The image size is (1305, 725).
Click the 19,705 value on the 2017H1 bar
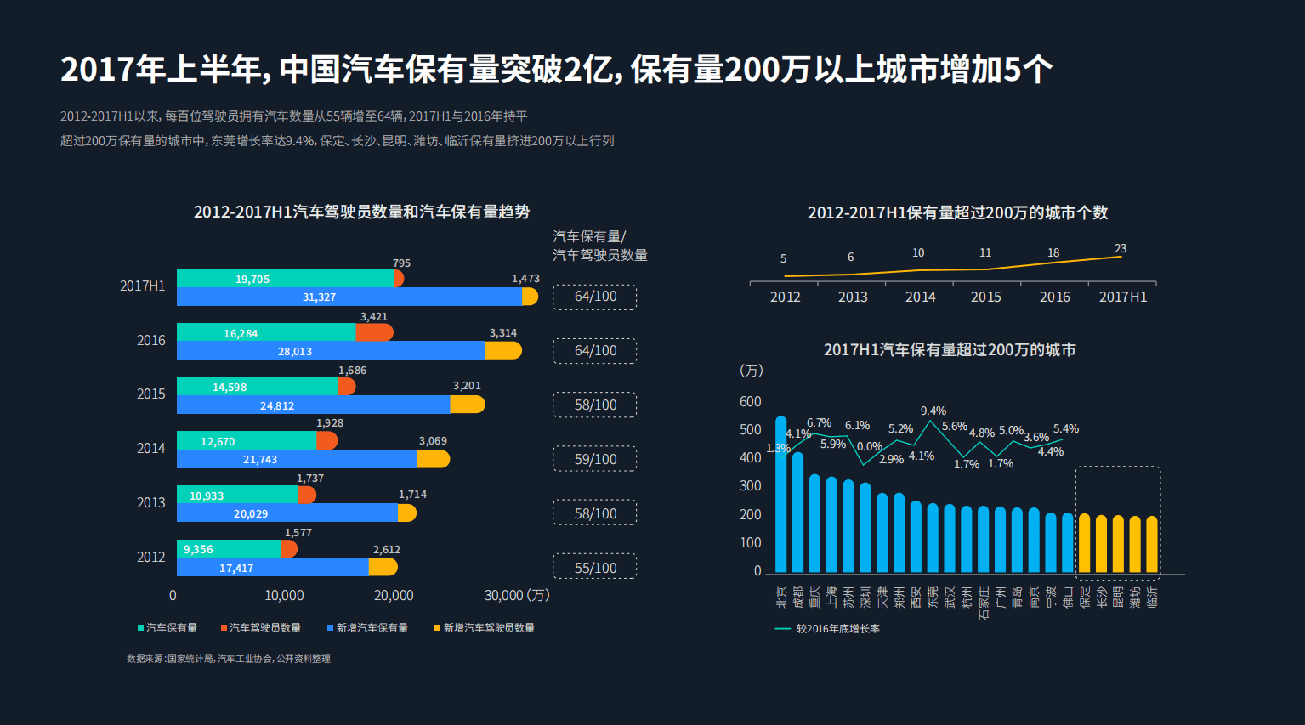pyautogui.click(x=252, y=279)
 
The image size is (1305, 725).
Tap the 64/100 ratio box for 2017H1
pyautogui.click(x=595, y=297)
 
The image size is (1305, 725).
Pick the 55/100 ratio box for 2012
pyautogui.click(x=595, y=568)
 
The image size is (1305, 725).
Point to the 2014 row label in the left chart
pyautogui.click(x=151, y=448)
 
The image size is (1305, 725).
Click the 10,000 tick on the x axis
pyautogui.click(x=284, y=595)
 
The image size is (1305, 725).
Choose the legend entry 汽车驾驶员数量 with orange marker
pyautogui.click(x=261, y=628)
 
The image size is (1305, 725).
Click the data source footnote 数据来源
pyautogui.click(x=229, y=659)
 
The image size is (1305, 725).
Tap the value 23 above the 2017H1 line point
pyautogui.click(x=1121, y=248)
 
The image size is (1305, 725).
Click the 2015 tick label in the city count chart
pyautogui.click(x=986, y=297)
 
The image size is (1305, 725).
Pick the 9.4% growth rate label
pyautogui.click(x=933, y=411)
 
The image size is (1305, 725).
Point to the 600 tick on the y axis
pyautogui.click(x=751, y=401)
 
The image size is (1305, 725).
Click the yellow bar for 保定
pyautogui.click(x=1084, y=543)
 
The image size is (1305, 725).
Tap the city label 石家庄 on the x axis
pyautogui.click(x=984, y=602)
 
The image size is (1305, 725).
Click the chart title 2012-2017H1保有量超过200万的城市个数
pyautogui.click(x=957, y=212)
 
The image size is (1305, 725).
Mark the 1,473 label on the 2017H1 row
pyautogui.click(x=525, y=279)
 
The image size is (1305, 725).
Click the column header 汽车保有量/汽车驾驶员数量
pyautogui.click(x=599, y=246)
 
